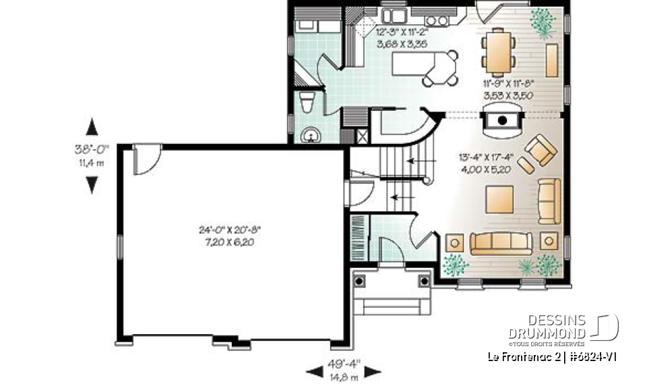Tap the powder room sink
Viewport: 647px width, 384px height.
pos(312,136)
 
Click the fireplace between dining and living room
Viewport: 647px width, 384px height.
pos(501,121)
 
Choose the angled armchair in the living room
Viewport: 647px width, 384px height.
pos(541,151)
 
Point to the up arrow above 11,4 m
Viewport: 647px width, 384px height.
pos(92,127)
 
